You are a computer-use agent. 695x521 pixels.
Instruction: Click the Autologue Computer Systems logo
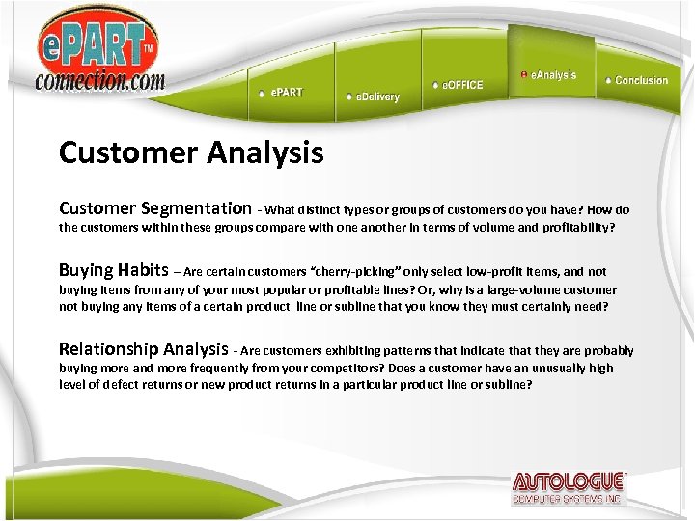569,488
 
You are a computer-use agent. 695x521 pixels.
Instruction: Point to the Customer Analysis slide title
191,152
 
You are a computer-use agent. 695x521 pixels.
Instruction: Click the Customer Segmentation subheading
154,208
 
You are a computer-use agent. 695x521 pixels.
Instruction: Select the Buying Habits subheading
113,270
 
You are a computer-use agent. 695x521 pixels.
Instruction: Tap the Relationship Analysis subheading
143,349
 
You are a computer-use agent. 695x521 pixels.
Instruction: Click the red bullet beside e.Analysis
523,74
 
